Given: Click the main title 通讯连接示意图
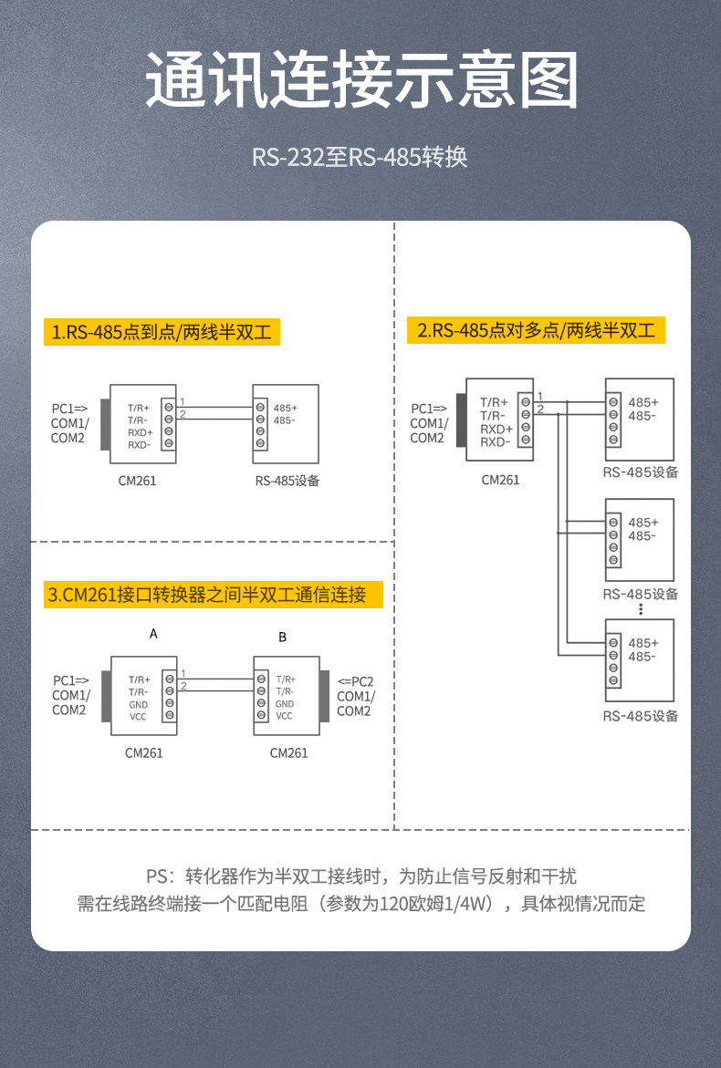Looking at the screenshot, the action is coord(360,82).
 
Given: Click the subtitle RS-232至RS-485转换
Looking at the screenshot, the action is coord(360,157).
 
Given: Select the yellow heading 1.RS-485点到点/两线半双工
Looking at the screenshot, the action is coord(162,332).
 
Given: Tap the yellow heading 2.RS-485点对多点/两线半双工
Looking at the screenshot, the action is coord(536,330).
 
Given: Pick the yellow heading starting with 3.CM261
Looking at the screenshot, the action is coord(207,596).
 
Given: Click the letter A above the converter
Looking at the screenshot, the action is coord(153,633).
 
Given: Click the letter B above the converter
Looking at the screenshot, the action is coord(282,637).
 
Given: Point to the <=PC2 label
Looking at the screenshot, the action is coord(356,681).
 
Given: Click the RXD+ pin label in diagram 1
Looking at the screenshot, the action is coord(140,432).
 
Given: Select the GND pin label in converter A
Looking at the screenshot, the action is coord(139,704).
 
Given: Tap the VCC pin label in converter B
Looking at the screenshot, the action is coord(285,716).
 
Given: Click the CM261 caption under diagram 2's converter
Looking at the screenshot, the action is coord(500,480).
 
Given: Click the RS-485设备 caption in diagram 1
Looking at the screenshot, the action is coord(287,481).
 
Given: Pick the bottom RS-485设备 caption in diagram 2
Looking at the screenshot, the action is coord(641,716).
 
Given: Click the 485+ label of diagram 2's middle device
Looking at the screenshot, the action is coord(643,523).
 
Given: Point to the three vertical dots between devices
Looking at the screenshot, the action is coord(642,608).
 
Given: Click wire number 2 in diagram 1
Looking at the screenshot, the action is coord(183,415).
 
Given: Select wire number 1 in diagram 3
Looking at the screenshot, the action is coord(183,673).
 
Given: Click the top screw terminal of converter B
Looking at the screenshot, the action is coord(261,679).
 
